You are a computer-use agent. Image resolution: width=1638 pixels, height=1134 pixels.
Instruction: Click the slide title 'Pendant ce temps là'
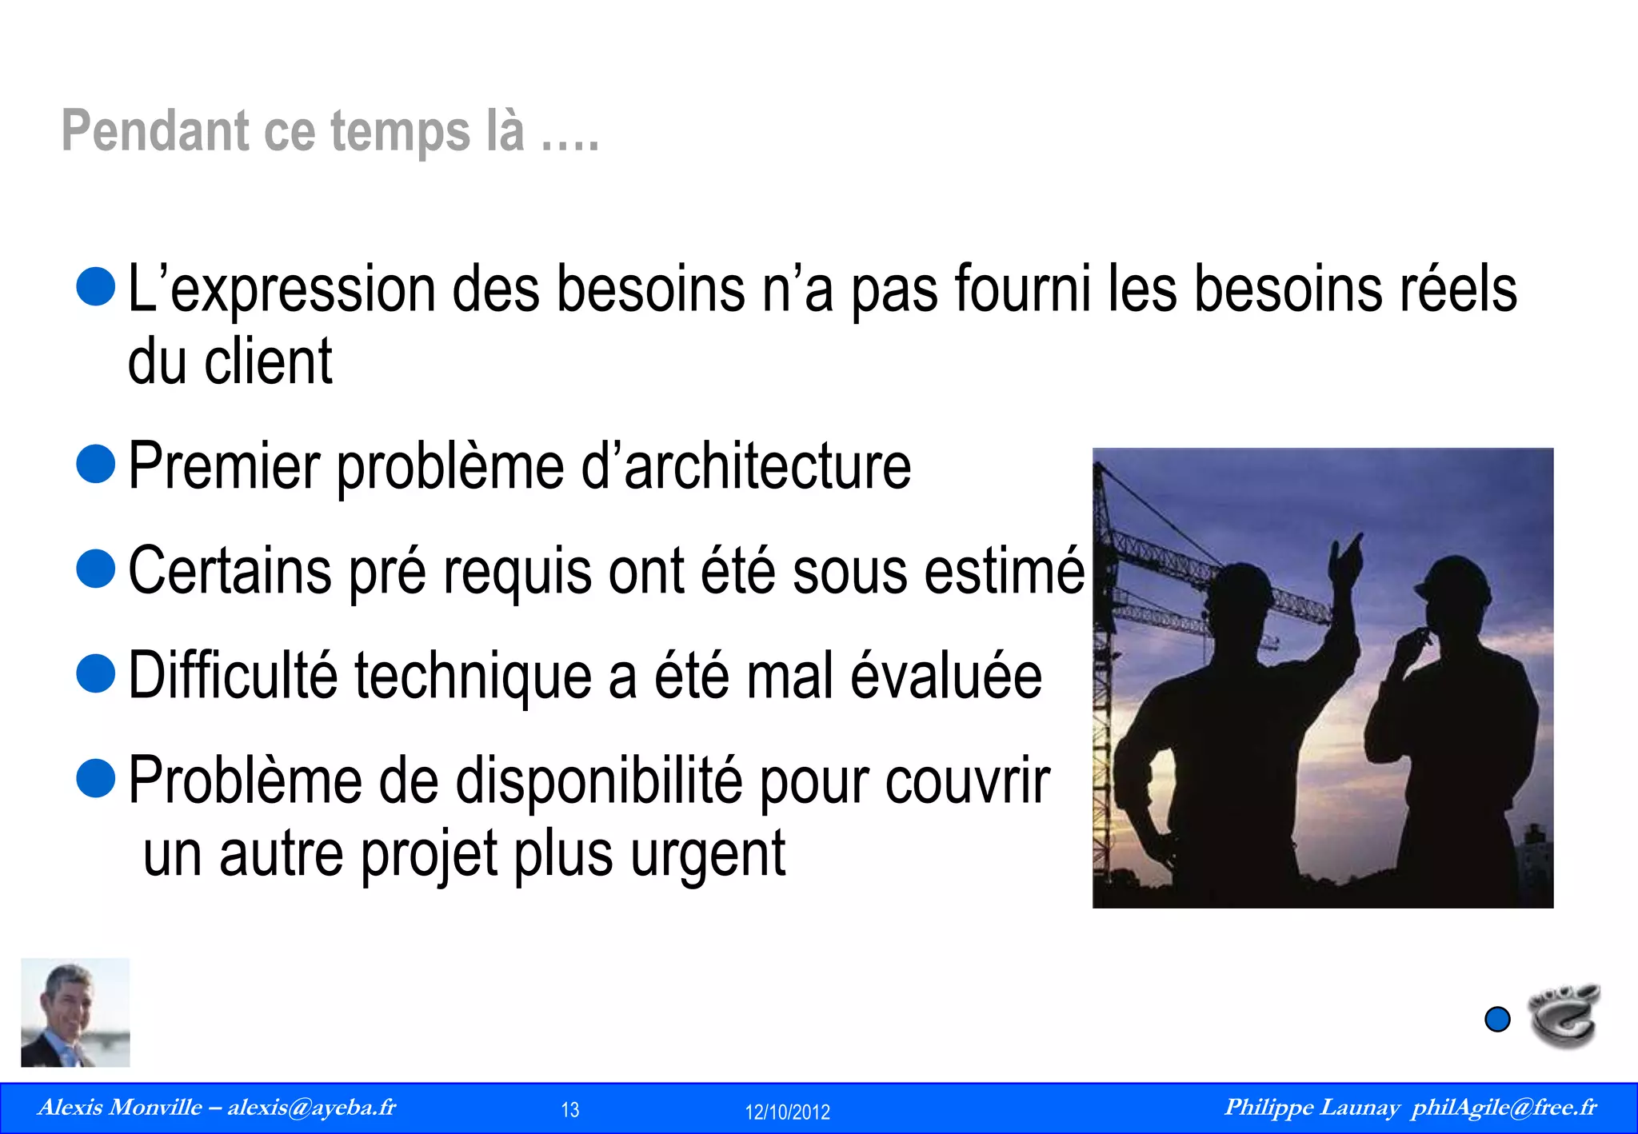pos(330,131)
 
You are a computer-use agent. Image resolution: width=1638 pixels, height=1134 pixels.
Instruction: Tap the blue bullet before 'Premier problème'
pos(97,464)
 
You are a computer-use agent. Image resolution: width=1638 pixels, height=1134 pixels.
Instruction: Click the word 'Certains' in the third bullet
pos(230,571)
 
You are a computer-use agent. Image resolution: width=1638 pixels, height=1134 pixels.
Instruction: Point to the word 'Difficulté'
pos(233,676)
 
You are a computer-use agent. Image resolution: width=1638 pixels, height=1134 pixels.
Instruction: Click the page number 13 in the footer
pos(570,1110)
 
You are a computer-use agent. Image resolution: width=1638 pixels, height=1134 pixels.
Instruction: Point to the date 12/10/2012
pos(787,1112)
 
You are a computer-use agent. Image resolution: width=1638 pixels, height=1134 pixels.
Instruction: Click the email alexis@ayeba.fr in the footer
pos(312,1108)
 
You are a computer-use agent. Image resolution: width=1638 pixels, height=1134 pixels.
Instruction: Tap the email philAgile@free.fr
pos(1504,1108)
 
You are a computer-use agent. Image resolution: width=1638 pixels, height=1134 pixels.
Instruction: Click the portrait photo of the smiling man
pos(75,1012)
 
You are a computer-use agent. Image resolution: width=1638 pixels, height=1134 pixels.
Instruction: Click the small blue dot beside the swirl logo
pos(1497,1020)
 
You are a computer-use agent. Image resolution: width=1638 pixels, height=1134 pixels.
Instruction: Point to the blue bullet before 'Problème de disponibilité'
pos(97,778)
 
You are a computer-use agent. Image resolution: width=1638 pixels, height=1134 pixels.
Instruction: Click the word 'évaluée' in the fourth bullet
pos(946,676)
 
